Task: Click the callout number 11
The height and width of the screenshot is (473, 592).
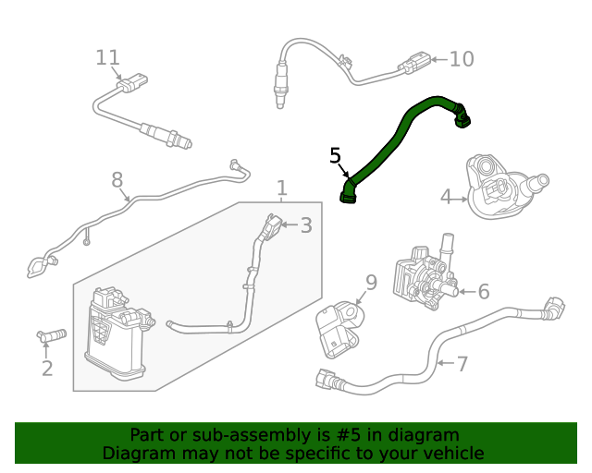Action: (108, 57)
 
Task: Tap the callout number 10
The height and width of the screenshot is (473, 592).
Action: (461, 59)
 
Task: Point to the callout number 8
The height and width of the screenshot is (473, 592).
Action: (117, 179)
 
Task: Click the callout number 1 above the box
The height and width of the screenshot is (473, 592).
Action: (281, 188)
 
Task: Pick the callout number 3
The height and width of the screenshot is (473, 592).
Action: (305, 225)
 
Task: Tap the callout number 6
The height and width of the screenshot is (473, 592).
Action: (483, 292)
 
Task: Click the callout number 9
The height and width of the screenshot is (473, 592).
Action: (371, 282)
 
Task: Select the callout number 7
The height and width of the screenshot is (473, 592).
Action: (462, 363)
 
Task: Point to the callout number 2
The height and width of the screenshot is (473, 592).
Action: (46, 369)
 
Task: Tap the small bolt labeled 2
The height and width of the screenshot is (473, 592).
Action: (52, 334)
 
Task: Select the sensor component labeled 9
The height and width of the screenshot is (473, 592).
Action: (334, 329)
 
